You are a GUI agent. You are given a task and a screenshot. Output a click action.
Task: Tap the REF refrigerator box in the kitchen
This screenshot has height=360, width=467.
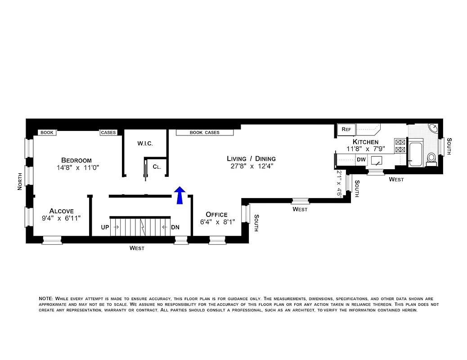pos(346,130)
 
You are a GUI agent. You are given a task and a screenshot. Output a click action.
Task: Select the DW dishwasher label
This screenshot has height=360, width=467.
pos(361,159)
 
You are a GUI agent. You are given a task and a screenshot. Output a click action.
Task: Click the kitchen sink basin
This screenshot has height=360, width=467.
pos(376,160)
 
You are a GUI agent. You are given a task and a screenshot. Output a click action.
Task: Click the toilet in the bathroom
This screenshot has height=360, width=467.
pos(431,158)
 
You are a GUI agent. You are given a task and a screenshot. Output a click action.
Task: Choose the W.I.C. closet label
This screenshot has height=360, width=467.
pos(145,144)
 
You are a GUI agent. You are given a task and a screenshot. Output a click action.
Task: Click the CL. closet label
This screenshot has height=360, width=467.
pos(157,166)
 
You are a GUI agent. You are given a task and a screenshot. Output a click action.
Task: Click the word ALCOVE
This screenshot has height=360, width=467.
pos(62,211)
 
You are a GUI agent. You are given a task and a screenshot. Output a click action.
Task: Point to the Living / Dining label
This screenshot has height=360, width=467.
pos(251,158)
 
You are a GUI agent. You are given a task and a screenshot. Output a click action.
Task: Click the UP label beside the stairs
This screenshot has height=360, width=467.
pos(105,227)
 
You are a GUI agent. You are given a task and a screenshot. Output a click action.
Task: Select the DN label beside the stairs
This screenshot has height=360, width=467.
pos(175,227)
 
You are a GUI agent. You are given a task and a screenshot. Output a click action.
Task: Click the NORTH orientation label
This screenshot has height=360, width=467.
pos(20,181)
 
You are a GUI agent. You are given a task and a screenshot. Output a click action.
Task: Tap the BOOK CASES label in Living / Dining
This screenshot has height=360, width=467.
pos(204,133)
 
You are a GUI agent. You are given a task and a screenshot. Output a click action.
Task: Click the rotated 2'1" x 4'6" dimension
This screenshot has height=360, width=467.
pos(339,183)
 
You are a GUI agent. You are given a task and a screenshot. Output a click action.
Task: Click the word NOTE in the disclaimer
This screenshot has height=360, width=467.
pos(46,299)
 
